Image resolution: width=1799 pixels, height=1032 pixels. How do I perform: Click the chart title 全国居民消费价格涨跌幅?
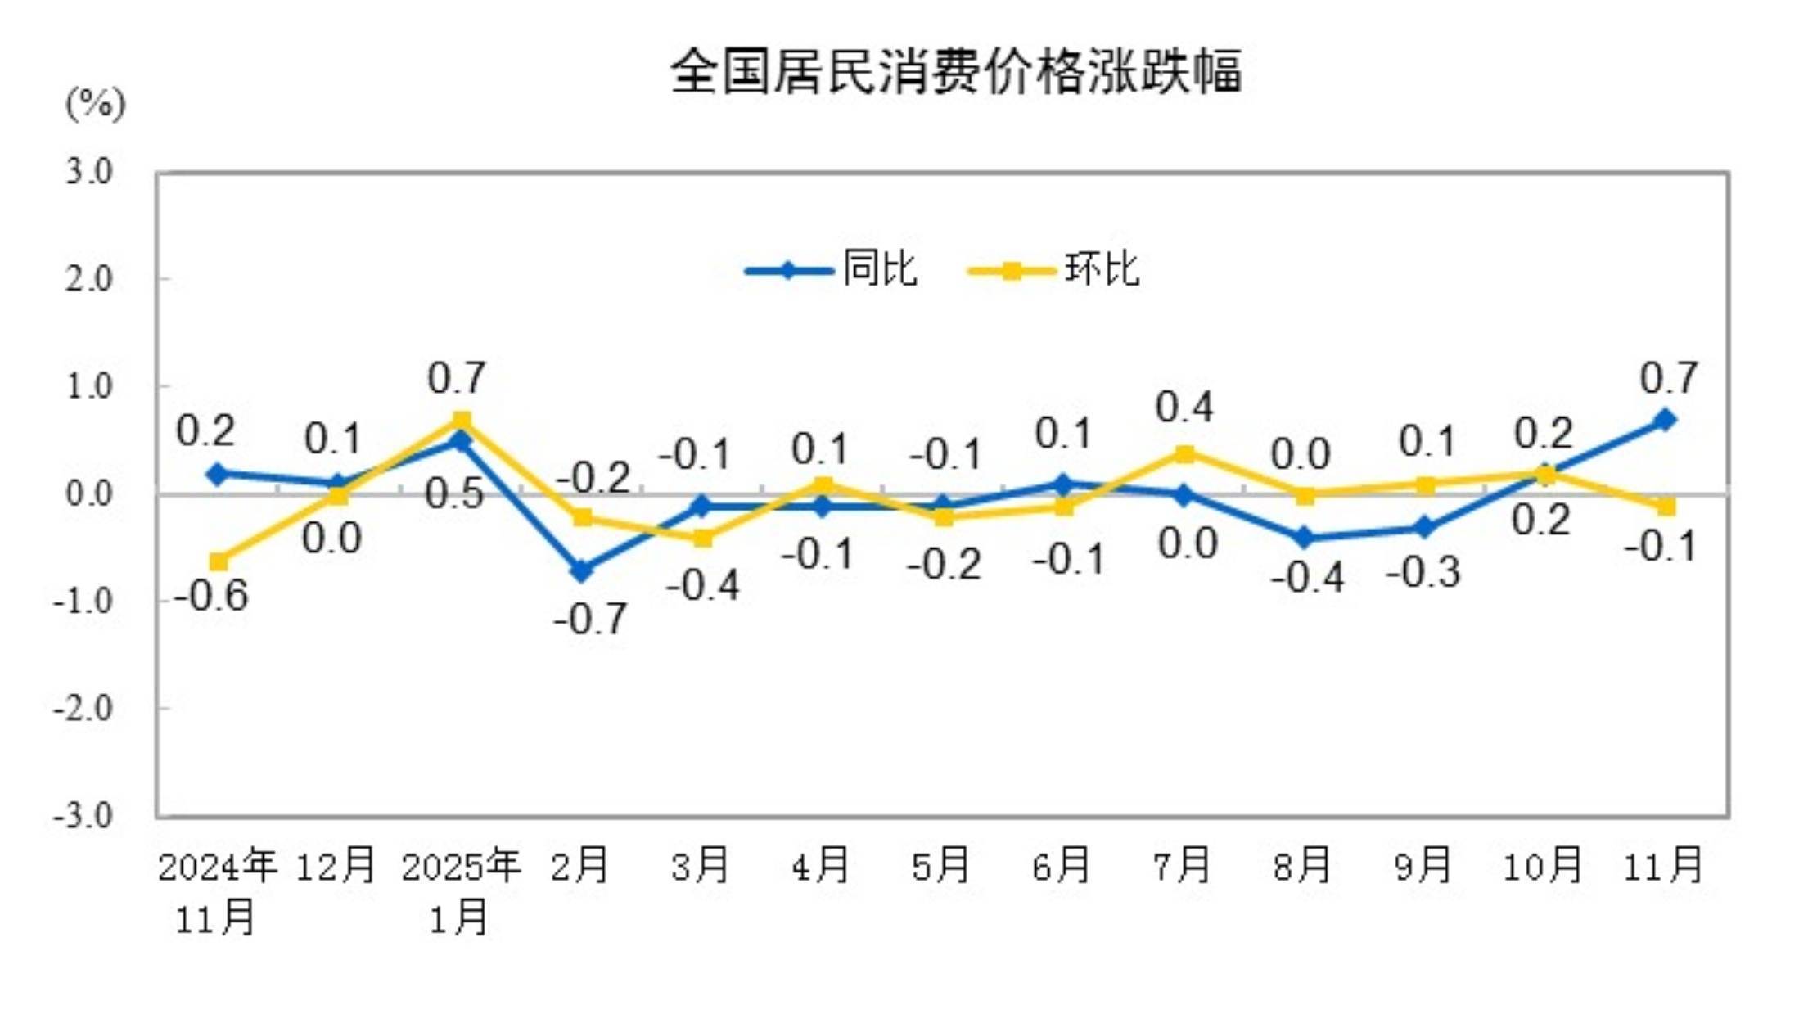(x=955, y=72)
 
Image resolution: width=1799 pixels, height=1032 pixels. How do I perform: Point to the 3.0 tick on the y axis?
(x=88, y=172)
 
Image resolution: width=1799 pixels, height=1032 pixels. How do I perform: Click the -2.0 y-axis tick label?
(x=83, y=708)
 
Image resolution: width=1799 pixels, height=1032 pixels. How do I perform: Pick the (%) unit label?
(x=95, y=104)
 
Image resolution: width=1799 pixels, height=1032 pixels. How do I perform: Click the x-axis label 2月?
(x=579, y=865)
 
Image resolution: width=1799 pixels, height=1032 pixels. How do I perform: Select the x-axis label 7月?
(x=1181, y=865)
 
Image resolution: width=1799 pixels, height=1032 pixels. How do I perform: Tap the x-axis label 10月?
(x=1543, y=865)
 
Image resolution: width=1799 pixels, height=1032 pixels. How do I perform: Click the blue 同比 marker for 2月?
(x=581, y=570)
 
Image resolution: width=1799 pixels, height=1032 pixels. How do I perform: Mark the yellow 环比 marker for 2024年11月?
(x=219, y=561)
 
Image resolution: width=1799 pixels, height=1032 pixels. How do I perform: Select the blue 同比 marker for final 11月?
(x=1664, y=420)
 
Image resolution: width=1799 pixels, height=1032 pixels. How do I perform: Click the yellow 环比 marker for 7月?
(x=1184, y=453)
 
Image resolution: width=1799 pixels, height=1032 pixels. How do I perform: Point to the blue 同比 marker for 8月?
(x=1304, y=538)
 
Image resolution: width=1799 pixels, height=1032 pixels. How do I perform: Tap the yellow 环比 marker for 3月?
(x=702, y=538)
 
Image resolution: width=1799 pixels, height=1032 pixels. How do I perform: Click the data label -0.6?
(x=211, y=596)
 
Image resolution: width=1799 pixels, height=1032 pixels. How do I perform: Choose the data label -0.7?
(x=590, y=619)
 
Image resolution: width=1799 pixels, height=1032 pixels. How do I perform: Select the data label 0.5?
(x=454, y=494)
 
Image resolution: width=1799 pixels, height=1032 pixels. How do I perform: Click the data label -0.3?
(x=1423, y=572)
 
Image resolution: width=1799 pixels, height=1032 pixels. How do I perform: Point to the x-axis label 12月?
(x=336, y=865)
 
